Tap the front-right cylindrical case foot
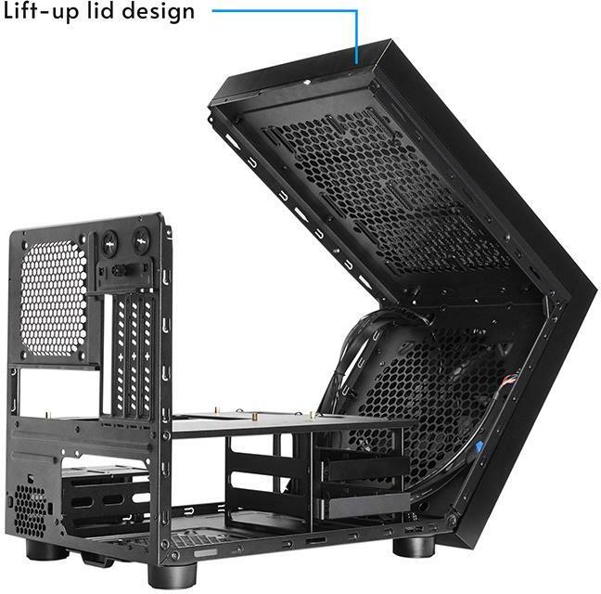tap(409, 542)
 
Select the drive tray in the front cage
tap(356, 470)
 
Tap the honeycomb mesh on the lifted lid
tap(390, 186)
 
